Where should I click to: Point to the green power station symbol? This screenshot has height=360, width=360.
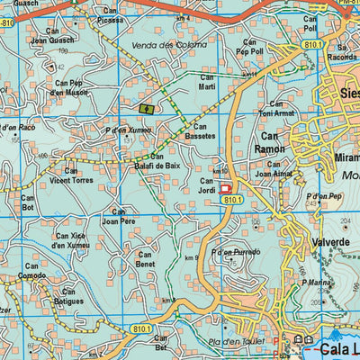[147, 109]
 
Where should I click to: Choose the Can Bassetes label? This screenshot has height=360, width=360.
[202, 132]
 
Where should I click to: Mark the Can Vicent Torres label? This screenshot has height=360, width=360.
[72, 175]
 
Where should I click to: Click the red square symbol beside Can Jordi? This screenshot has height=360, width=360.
[226, 188]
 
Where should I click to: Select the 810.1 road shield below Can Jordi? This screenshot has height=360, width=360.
[234, 198]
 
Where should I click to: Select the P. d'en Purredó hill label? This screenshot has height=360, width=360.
[236, 253]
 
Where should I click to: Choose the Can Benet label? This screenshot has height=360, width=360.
[145, 260]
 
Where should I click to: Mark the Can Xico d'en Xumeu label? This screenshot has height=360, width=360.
[72, 239]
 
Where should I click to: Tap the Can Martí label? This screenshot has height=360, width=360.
[207, 82]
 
